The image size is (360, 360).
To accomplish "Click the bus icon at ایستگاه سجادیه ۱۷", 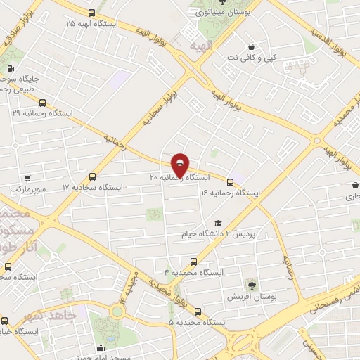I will (93, 177).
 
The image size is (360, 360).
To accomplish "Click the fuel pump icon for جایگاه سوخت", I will (11, 68).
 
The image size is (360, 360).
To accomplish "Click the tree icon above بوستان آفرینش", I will (251, 285).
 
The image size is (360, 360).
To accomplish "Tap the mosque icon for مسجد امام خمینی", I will (101, 347).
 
